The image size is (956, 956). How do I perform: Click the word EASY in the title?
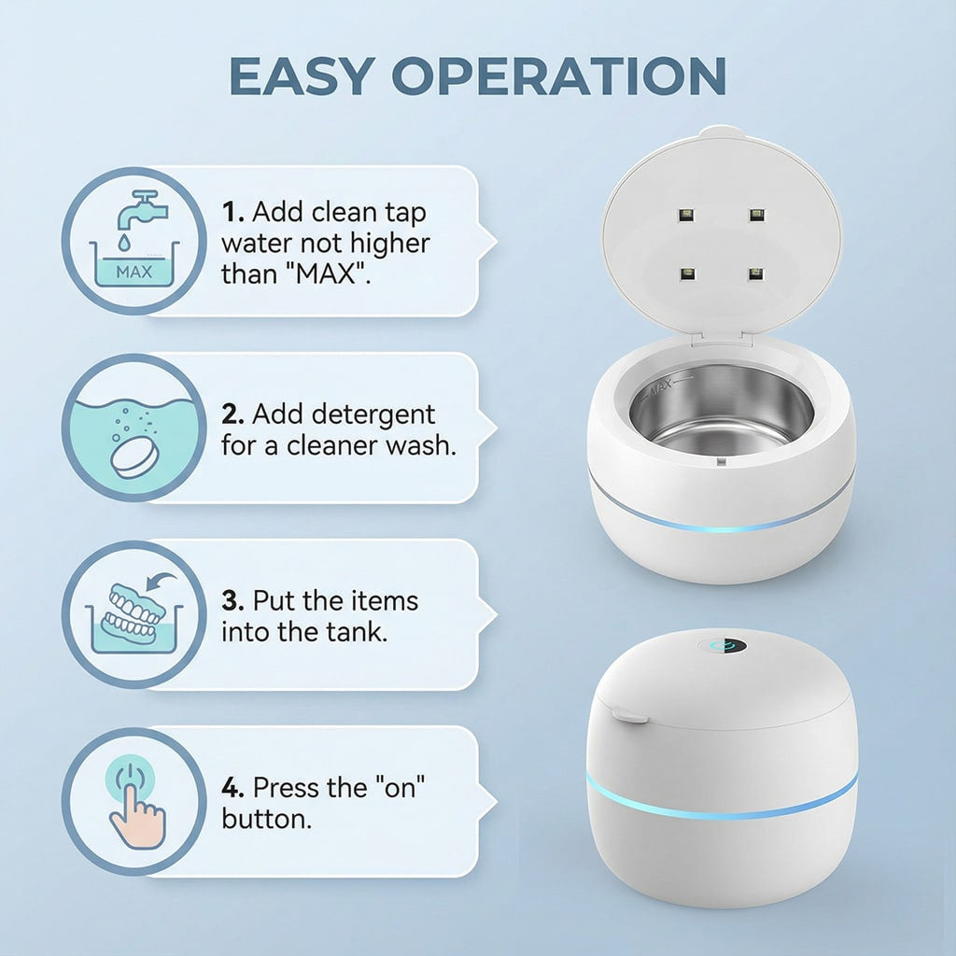coord(302,76)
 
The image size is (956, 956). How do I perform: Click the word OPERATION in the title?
coord(559,76)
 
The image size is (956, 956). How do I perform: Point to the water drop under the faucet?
coord(124,242)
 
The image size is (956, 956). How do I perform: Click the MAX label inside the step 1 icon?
coord(134,272)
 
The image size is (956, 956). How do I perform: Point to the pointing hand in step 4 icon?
coord(136,816)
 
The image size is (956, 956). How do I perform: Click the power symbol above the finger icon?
coord(131,774)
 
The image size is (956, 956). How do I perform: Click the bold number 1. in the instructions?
coord(232,212)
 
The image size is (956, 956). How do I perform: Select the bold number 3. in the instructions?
coord(232,600)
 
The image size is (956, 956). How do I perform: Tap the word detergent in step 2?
coord(344,415)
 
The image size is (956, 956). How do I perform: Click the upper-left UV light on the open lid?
coord(686,215)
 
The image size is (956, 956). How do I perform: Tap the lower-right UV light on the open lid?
coord(756,274)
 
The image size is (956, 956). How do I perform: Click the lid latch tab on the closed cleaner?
coord(630,714)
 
